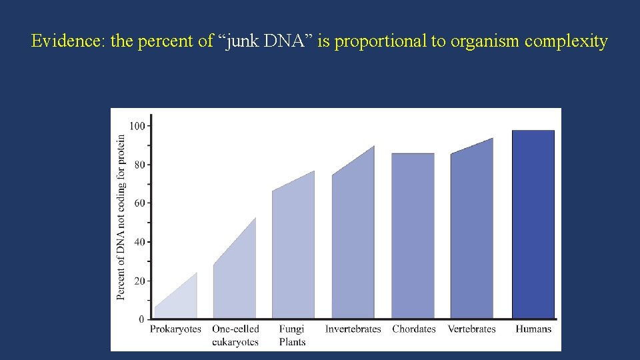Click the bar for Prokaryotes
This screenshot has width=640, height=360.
pyautogui.click(x=176, y=300)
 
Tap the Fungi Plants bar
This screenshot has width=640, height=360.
pyautogui.click(x=293, y=253)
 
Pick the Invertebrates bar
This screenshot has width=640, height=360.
pyautogui.click(x=353, y=240)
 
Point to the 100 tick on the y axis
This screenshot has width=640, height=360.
pyautogui.click(x=137, y=125)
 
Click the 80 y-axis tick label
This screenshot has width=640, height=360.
pyautogui.click(x=139, y=165)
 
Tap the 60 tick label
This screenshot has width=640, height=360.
pyautogui.click(x=139, y=203)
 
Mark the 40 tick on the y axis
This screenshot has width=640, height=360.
pyautogui.click(x=139, y=242)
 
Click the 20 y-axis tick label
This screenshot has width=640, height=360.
pyautogui.click(x=139, y=281)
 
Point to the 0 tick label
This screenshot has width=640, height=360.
pyautogui.click(x=141, y=319)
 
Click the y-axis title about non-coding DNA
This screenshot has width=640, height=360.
pyautogui.click(x=121, y=217)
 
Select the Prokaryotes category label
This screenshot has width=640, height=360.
pyautogui.click(x=175, y=329)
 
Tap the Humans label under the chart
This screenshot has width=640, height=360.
pyautogui.click(x=533, y=329)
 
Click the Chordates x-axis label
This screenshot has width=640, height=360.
pyautogui.click(x=414, y=329)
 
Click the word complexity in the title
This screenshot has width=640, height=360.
pyautogui.click(x=566, y=41)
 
